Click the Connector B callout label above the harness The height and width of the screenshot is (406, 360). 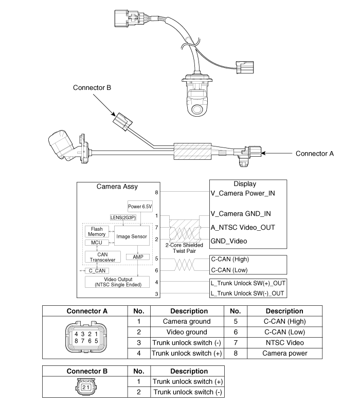[x=92, y=88]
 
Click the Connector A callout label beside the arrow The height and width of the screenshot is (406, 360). [x=315, y=153]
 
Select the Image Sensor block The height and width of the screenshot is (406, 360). [x=132, y=236]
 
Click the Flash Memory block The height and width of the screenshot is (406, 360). [x=97, y=231]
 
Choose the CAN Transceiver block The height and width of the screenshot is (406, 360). [x=102, y=257]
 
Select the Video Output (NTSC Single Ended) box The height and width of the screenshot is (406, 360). [x=117, y=282]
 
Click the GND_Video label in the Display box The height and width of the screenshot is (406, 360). [x=229, y=241]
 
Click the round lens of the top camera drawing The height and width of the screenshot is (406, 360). [x=197, y=109]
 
